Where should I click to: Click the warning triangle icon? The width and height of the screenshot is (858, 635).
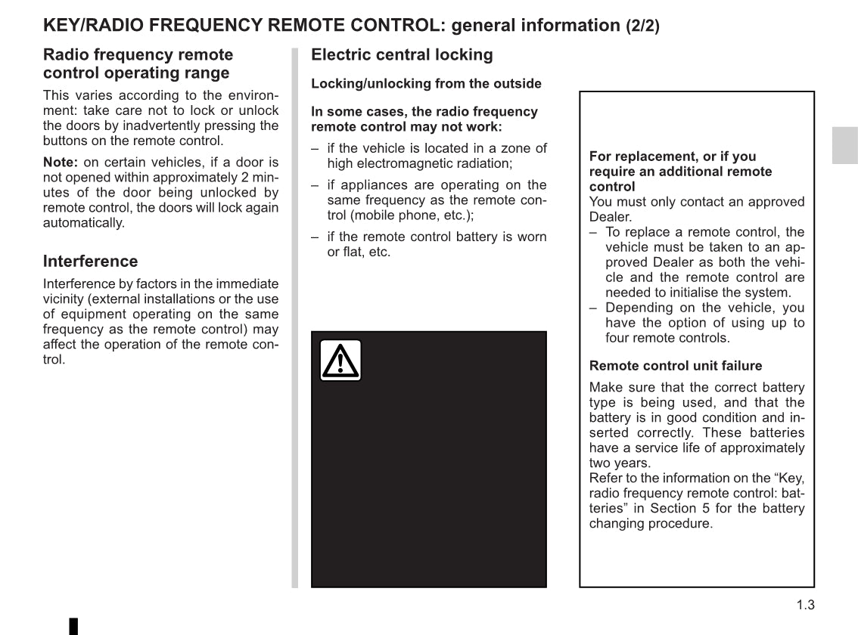click(x=340, y=361)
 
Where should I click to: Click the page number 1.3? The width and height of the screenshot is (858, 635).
click(x=805, y=605)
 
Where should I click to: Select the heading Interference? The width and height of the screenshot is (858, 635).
click(x=91, y=262)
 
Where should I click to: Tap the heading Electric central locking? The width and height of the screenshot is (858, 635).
click(x=402, y=55)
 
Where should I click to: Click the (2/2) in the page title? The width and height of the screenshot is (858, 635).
click(x=642, y=26)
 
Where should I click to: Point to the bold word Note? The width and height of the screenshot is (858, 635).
click(x=61, y=163)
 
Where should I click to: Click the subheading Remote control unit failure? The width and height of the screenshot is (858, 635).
click(x=676, y=366)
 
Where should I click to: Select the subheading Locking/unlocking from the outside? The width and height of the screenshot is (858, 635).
click(x=426, y=84)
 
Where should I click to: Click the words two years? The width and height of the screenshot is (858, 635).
click(x=619, y=463)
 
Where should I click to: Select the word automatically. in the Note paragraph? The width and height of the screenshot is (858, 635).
click(x=83, y=223)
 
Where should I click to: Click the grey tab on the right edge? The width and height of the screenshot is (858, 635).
click(x=844, y=145)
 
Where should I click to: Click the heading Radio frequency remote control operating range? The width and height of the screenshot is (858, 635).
click(x=138, y=64)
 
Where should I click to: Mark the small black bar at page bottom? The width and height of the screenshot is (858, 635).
click(x=74, y=626)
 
